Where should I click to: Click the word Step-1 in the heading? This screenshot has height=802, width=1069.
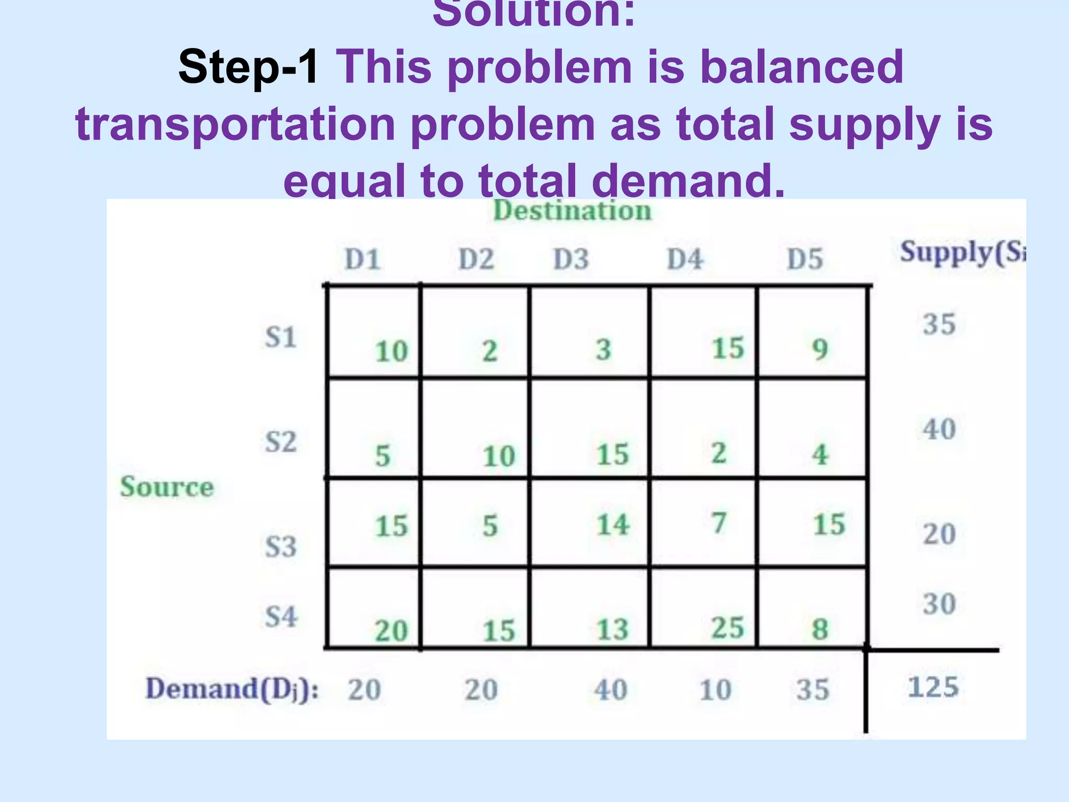[x=248, y=67]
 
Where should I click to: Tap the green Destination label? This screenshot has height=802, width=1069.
[x=572, y=211]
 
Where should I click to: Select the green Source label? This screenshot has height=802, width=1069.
[x=167, y=487]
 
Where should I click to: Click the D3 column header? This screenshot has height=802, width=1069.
[x=571, y=259]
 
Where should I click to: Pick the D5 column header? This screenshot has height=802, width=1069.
[x=804, y=259]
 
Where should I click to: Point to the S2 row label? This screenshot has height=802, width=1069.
[x=281, y=442]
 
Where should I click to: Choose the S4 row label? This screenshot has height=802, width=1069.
[x=281, y=617]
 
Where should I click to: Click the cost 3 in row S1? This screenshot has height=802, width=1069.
[x=603, y=349]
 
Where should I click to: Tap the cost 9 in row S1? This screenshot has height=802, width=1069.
[x=820, y=349]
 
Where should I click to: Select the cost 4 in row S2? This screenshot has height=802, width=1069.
[x=820, y=454]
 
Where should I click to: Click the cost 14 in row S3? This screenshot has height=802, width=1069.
[x=613, y=525]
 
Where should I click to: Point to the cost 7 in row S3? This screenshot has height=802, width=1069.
[x=719, y=523]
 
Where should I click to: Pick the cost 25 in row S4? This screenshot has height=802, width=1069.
[x=728, y=628]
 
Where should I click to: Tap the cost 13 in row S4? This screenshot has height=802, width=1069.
[x=613, y=629]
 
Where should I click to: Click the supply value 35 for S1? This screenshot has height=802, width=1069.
[x=939, y=324]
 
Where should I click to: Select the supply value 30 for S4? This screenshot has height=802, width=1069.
[x=939, y=604]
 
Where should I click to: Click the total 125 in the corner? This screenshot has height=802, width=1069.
[x=933, y=687]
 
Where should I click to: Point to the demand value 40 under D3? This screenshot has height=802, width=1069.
[x=611, y=690]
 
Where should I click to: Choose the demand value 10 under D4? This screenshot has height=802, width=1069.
[x=715, y=690]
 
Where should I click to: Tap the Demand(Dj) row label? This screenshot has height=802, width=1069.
[x=232, y=689]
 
